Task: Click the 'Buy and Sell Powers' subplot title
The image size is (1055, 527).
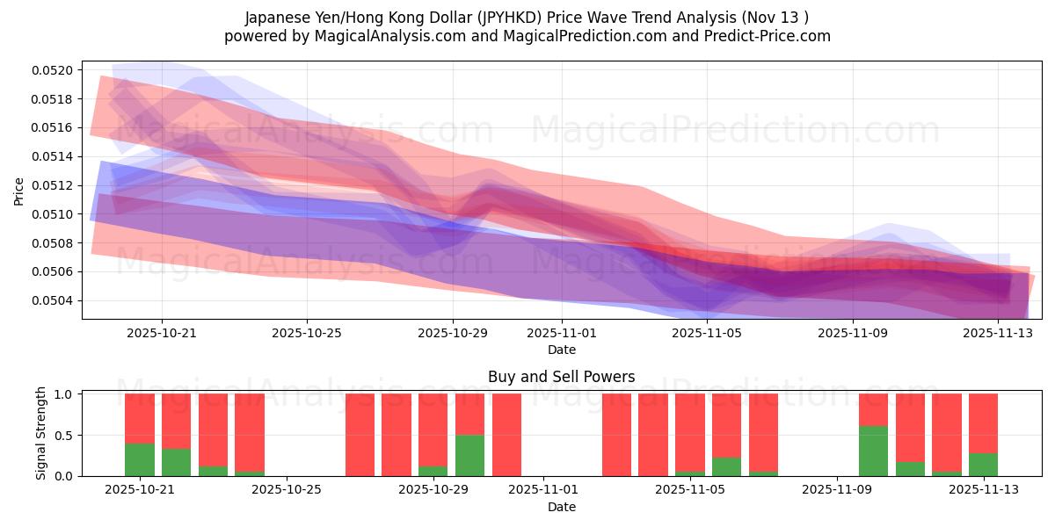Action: [x=561, y=377]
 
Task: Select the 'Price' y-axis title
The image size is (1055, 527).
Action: [x=20, y=190]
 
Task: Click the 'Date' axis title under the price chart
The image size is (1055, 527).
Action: [x=562, y=350]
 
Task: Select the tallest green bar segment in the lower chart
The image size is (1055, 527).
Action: [x=873, y=451]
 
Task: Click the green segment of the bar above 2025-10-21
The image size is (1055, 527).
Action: [x=176, y=462]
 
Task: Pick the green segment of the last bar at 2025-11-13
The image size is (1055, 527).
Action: [x=983, y=465]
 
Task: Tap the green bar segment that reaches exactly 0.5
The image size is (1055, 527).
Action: [x=469, y=455]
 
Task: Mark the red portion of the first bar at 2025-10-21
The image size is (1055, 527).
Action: [x=140, y=418]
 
